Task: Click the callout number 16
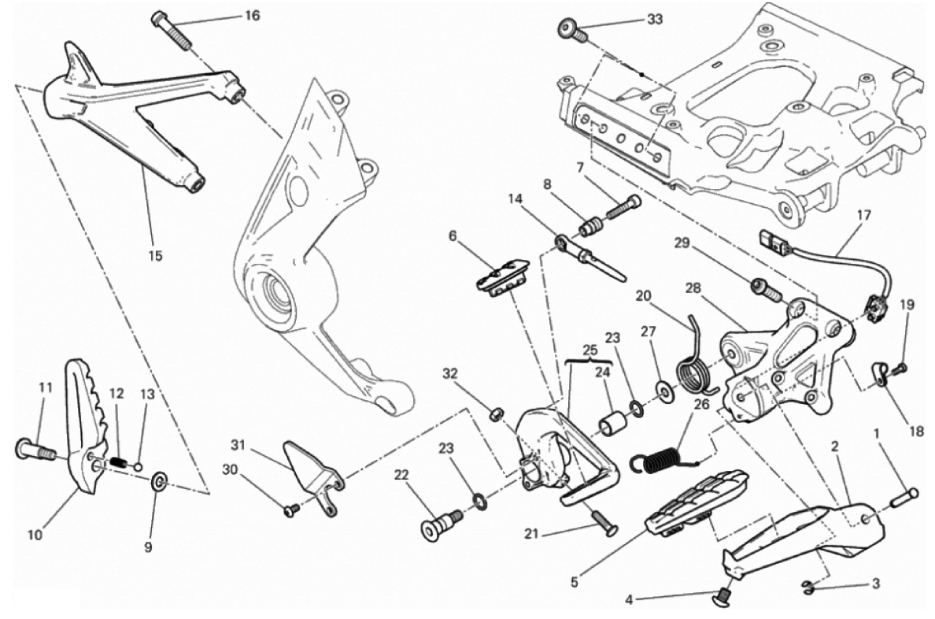coord(230,15)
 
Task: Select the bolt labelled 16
coord(172,29)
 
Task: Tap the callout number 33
coord(655,19)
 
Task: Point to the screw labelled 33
coord(573,32)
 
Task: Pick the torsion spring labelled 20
coord(694,367)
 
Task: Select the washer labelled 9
coord(159,480)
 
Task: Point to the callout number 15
coord(155,255)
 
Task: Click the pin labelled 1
coord(903,497)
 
